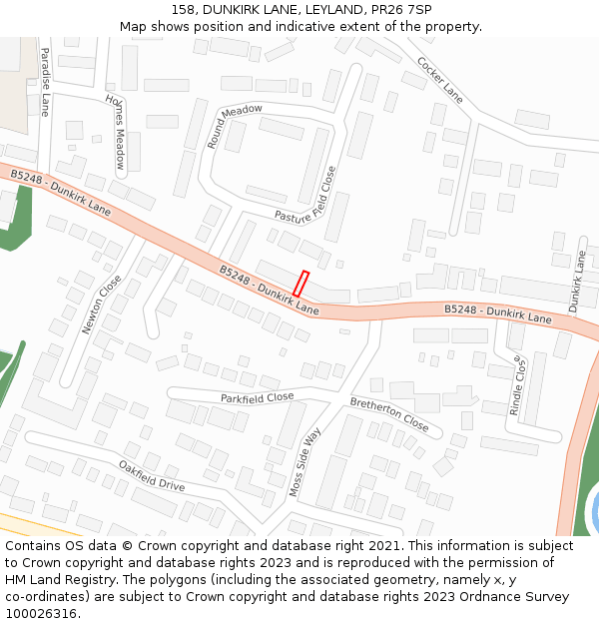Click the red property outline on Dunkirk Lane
tap(300, 284)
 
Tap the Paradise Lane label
tap(44, 80)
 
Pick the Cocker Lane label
tap(440, 81)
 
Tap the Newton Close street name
tap(101, 305)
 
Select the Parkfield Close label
tap(257, 397)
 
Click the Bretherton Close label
tap(389, 414)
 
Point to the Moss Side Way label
tap(305, 462)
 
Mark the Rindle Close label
tap(517, 385)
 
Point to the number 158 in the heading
tap(183, 9)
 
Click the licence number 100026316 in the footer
tap(41, 614)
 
